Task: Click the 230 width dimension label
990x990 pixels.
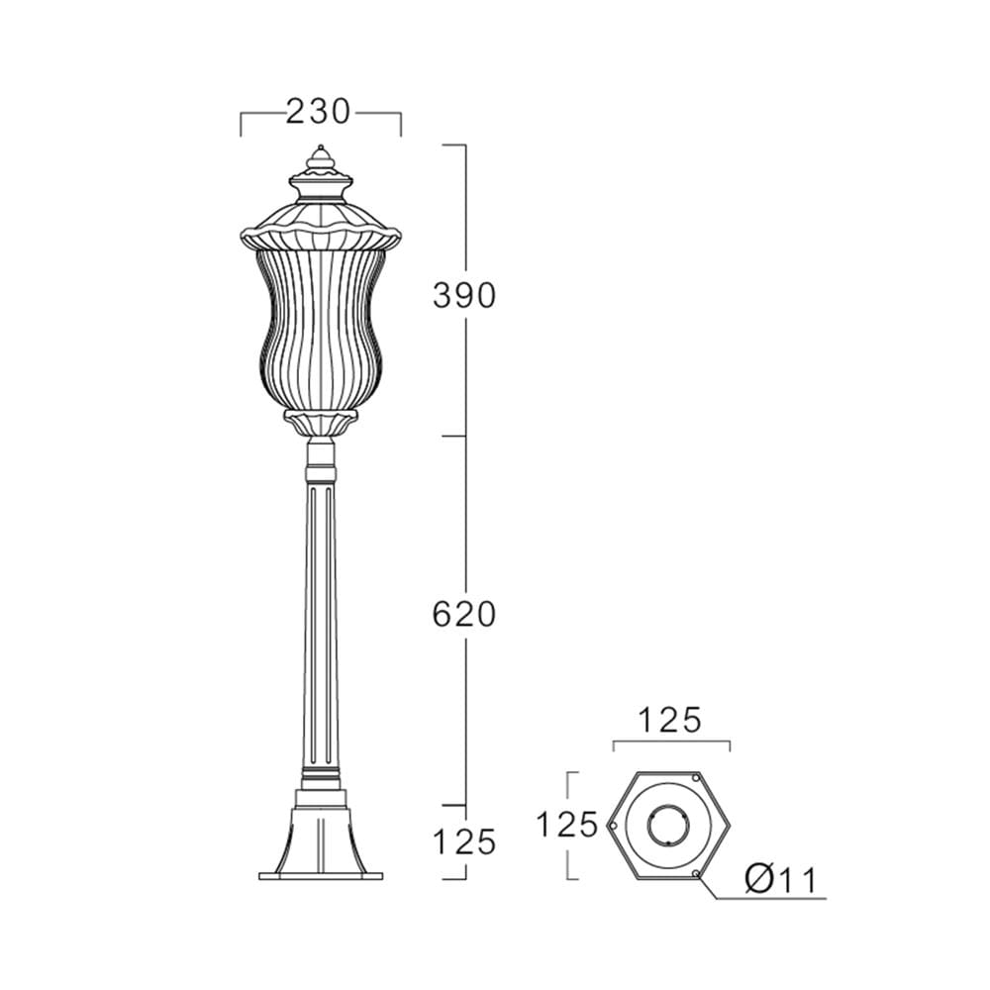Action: pyautogui.click(x=318, y=112)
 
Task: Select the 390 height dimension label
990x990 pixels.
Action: pyautogui.click(x=464, y=295)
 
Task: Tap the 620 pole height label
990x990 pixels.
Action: pyautogui.click(x=464, y=615)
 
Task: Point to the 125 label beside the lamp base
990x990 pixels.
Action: pyautogui.click(x=464, y=841)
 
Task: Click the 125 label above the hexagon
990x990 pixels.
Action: pyautogui.click(x=670, y=720)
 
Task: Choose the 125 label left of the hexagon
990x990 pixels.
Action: pyautogui.click(x=566, y=825)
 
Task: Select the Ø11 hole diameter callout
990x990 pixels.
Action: pyautogui.click(x=781, y=879)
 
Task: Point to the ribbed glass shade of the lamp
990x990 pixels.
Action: pyautogui.click(x=321, y=329)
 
